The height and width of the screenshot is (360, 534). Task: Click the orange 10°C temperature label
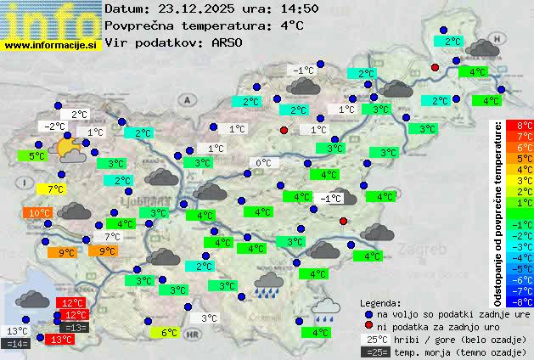tap(39, 213)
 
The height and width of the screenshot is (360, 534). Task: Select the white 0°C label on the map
tap(263, 163)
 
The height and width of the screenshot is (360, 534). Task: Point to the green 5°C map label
tap(36, 156)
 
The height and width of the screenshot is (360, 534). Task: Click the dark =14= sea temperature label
tap(16, 344)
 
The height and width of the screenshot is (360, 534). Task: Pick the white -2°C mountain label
tap(54, 127)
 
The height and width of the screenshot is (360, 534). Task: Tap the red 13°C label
tap(61, 340)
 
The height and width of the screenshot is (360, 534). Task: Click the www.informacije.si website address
tap(51, 44)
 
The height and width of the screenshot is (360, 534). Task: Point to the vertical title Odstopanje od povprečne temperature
tap(498, 212)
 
